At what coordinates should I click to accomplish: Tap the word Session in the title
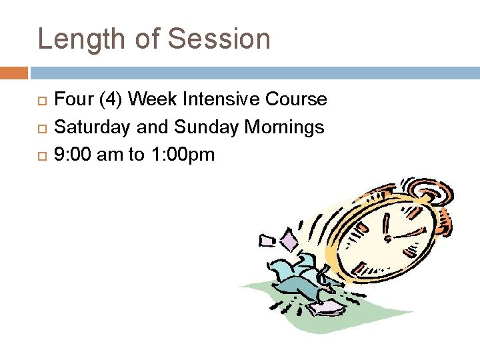(219, 39)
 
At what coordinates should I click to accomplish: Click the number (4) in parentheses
(111, 99)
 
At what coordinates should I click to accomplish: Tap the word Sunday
(201, 127)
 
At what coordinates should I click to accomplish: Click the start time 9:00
(73, 155)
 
